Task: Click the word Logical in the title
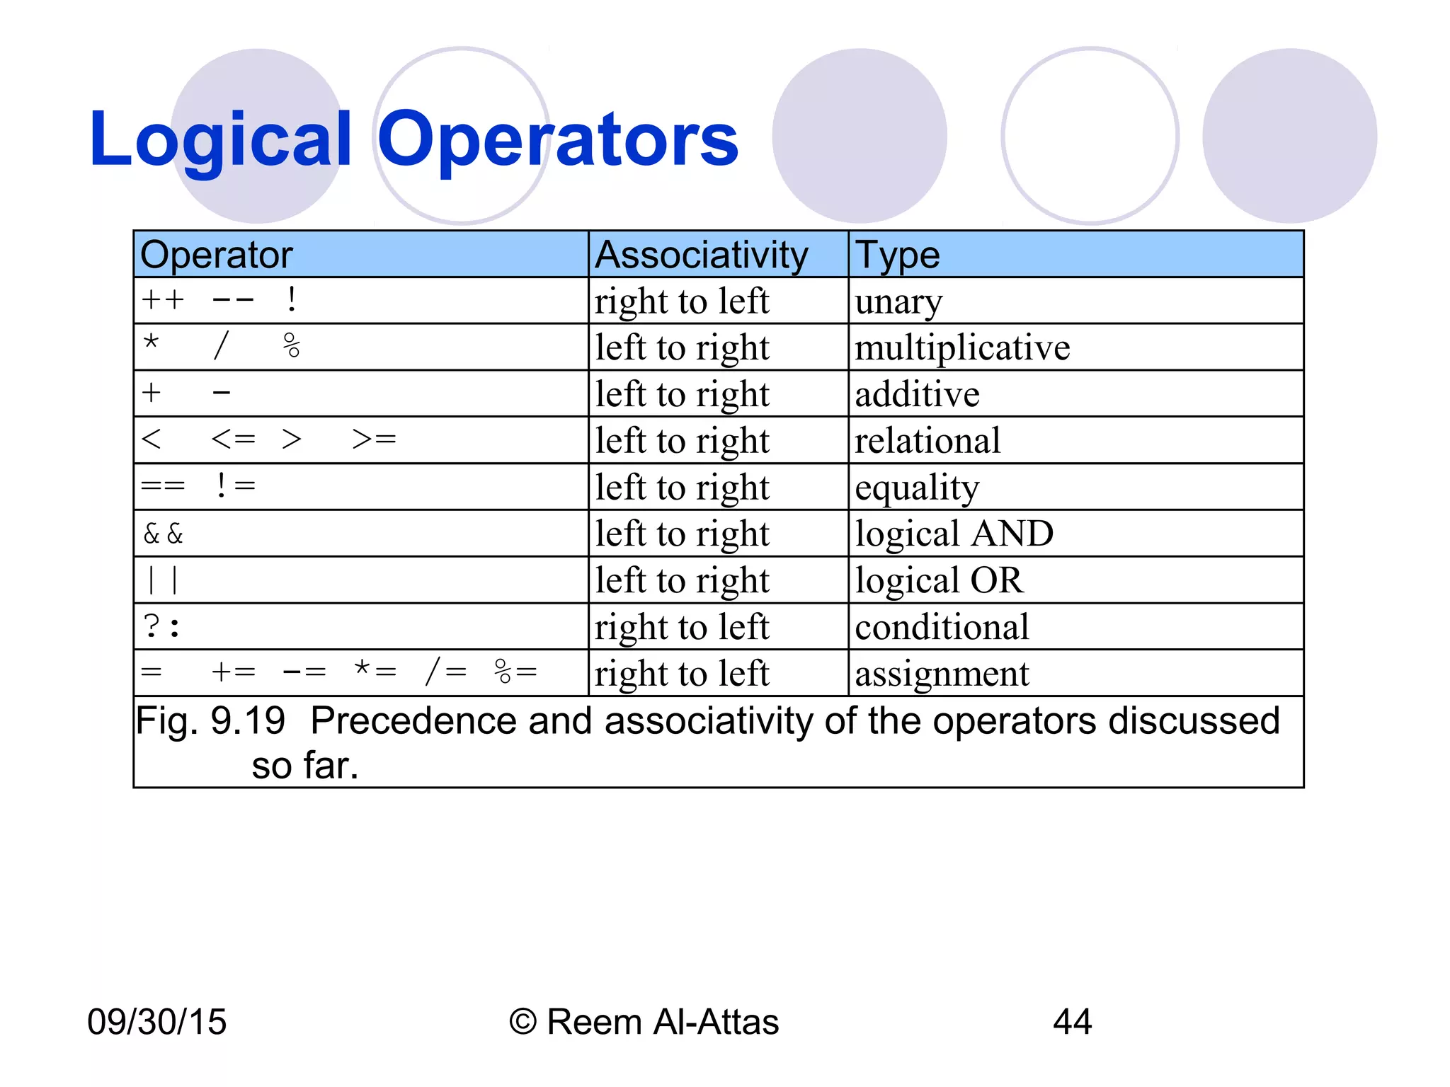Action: [220, 140]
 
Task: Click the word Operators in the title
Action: [557, 140]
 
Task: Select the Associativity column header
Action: [701, 255]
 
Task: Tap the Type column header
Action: [897, 255]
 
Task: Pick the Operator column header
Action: [216, 255]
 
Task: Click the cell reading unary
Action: [898, 302]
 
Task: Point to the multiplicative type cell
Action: [962, 347]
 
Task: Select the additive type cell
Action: [917, 394]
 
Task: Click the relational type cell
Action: [927, 441]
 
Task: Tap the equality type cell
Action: [917, 488]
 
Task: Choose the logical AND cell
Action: [954, 534]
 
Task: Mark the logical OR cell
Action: [939, 580]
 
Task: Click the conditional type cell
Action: [942, 627]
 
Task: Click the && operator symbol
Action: [163, 534]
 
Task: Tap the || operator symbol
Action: [162, 580]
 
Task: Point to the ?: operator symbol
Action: [161, 627]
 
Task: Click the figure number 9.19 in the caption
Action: [248, 721]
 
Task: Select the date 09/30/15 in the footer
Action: [156, 1022]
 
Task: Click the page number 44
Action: [1072, 1022]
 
